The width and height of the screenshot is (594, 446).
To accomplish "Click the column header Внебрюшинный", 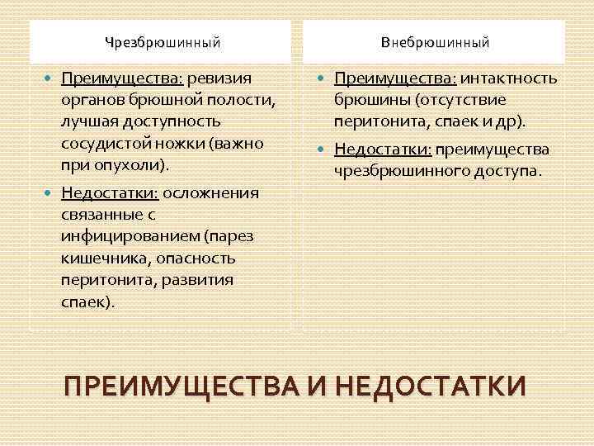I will (436, 41).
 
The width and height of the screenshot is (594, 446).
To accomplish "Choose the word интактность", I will (508, 78).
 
